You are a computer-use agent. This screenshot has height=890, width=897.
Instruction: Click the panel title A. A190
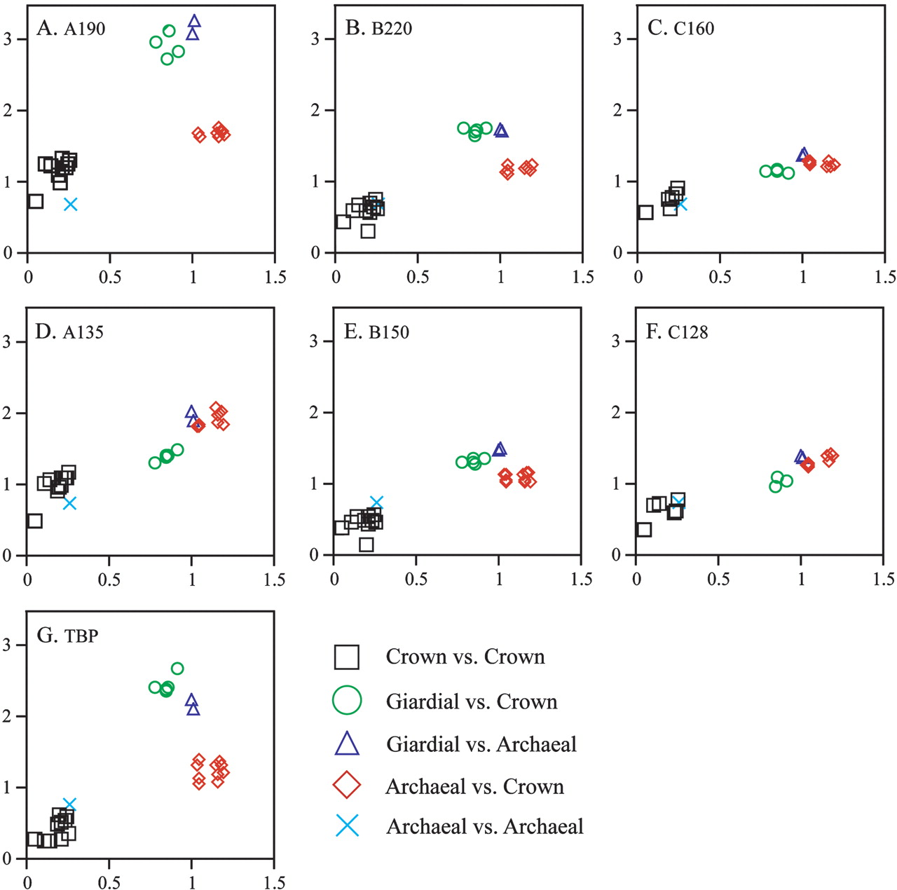tap(71, 28)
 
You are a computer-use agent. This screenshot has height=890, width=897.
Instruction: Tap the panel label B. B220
tap(378, 28)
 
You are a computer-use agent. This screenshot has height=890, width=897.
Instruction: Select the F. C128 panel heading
tap(676, 331)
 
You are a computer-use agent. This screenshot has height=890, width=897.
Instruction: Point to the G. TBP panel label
tap(67, 636)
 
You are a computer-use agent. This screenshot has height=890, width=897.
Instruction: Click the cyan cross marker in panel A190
tap(70, 204)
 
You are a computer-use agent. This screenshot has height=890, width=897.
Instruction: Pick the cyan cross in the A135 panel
tap(69, 502)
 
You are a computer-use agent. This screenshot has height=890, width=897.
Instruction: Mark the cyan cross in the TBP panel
tap(69, 804)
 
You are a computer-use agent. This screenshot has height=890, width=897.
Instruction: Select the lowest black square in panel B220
tap(368, 231)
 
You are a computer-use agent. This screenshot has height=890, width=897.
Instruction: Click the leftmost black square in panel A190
tap(36, 202)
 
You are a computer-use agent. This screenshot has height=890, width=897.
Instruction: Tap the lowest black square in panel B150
tap(366, 544)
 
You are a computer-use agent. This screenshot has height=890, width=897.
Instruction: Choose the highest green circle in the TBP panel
tap(177, 669)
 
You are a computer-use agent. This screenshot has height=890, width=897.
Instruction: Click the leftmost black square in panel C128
tap(644, 529)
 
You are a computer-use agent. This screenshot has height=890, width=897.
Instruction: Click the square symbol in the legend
tap(347, 657)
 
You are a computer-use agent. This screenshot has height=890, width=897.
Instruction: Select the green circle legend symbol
tap(347, 700)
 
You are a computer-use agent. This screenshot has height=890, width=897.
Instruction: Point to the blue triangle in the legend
tap(347, 744)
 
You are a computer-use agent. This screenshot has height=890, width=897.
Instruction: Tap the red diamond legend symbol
tap(347, 786)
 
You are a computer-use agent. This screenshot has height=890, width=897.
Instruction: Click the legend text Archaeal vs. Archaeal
tap(484, 827)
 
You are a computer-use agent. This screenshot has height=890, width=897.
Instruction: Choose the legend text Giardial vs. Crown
tap(472, 701)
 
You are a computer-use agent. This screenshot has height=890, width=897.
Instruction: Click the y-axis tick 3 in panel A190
tap(8, 39)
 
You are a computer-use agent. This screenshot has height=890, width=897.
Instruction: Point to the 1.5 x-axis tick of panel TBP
tap(274, 882)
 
